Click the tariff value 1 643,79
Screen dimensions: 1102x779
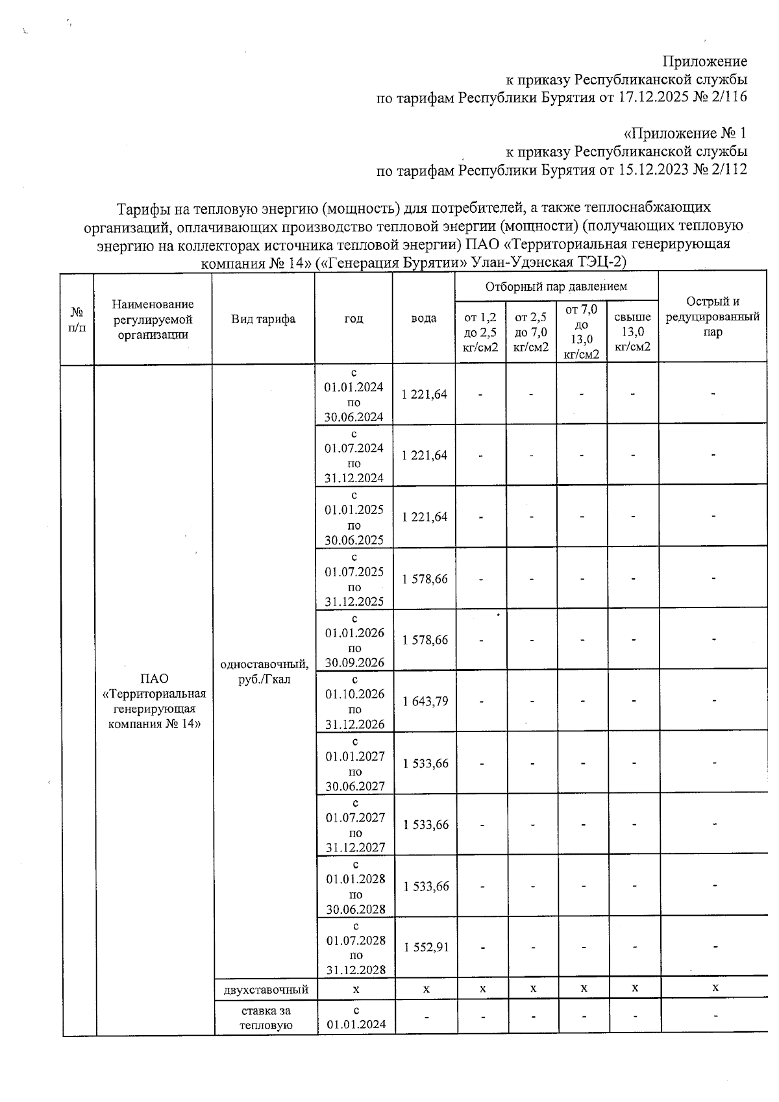[425, 702]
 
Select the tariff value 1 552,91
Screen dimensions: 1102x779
[426, 947]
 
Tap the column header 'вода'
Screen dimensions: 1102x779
[423, 319]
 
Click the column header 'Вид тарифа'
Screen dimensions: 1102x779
[263, 319]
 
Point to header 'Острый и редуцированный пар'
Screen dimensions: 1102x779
[712, 317]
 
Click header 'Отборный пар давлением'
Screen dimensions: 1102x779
[556, 286]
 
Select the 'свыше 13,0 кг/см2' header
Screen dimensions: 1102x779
[632, 332]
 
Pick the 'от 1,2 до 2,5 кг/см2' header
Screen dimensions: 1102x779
[480, 332]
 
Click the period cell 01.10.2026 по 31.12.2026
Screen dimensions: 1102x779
[354, 702]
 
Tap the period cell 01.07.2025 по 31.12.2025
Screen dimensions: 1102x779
[354, 579]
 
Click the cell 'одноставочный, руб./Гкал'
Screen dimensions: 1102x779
[264, 672]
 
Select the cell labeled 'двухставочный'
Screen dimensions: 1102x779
[266, 989]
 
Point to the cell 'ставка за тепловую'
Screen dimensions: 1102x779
[266, 1018]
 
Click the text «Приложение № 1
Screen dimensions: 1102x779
[685, 134]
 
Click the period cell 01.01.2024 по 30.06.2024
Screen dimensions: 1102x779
[354, 395]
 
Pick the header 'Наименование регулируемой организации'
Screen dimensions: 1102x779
[153, 319]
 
